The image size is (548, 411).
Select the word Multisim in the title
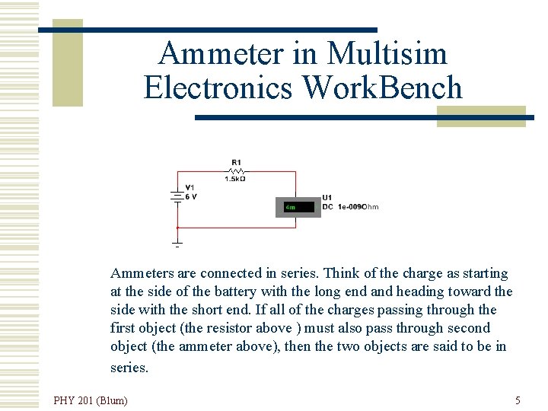[x=387, y=54]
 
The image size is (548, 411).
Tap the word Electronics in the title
[x=218, y=88]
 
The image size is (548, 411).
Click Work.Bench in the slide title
[x=382, y=88]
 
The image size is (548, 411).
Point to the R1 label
[x=237, y=162]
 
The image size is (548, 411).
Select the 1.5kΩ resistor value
[x=235, y=180]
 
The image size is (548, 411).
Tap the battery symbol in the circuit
[x=177, y=195]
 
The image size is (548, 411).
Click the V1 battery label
[x=190, y=187]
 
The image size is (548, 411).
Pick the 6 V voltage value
[x=190, y=196]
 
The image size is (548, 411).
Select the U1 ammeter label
[x=327, y=198]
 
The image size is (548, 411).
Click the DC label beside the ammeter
[x=327, y=207]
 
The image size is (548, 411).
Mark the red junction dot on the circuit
[x=177, y=227]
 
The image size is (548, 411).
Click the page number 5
[x=518, y=400]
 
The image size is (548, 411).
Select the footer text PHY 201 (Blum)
[x=91, y=400]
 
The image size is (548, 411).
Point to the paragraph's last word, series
[x=130, y=368]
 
